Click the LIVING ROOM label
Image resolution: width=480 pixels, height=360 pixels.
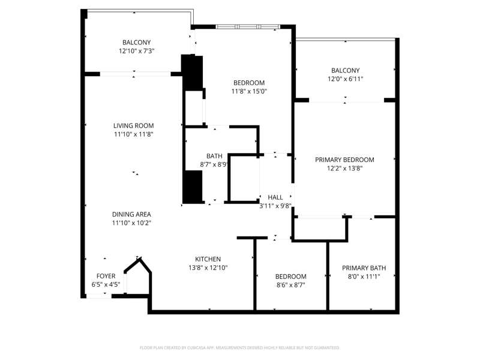pos(133,125)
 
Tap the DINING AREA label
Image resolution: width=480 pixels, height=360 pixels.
pos(131,214)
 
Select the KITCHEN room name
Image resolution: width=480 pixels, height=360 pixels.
pos(208,259)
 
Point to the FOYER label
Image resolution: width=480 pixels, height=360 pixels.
pos(106,276)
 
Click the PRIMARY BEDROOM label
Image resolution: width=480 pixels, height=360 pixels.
pos(344,160)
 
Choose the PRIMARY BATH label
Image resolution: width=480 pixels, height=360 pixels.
pos(364,268)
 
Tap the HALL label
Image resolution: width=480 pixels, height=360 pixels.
pos(275,197)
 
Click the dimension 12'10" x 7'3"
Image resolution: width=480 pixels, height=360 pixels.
pos(137,51)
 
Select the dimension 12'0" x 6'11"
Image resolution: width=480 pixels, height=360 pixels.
pos(346,79)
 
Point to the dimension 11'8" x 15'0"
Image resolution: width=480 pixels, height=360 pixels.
pos(249,91)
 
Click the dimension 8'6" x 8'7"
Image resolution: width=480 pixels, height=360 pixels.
pos(291,286)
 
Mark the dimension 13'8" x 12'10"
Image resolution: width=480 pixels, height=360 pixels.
pos(208,268)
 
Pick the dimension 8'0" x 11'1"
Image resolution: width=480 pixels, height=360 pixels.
pos(364,277)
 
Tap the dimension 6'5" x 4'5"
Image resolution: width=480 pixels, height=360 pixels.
pos(106,284)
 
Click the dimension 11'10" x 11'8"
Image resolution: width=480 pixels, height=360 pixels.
pos(133,134)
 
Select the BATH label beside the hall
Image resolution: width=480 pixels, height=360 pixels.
pos(214,156)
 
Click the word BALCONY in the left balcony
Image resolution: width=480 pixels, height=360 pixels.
pos(137,43)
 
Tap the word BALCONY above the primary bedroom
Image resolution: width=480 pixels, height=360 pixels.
pos(346,70)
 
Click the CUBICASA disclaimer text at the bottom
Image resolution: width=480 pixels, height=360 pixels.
pos(239,348)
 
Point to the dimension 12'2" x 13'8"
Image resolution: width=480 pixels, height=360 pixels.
pos(344,169)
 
